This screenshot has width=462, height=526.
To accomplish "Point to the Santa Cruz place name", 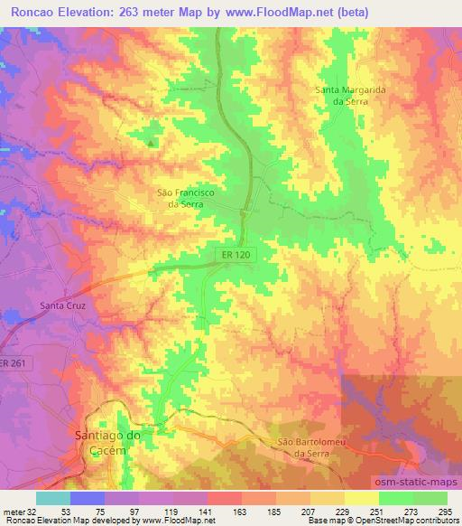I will click(x=62, y=305).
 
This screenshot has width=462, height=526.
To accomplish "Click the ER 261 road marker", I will click(x=11, y=363).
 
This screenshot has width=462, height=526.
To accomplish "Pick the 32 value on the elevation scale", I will click(x=36, y=512).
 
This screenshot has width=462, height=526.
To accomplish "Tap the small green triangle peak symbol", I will click(x=151, y=142).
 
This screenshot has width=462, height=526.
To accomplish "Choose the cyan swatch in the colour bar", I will click(x=53, y=498).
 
